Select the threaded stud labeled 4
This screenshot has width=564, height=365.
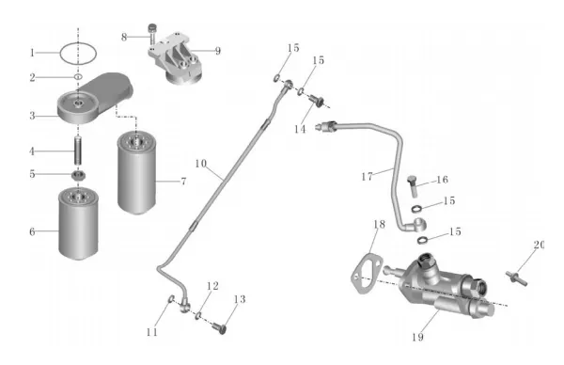(x=78, y=151)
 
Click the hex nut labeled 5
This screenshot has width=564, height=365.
(x=78, y=176)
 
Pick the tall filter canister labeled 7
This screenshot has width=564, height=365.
(x=136, y=173)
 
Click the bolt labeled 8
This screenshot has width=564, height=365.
(x=153, y=34)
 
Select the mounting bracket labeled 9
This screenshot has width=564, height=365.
(x=177, y=57)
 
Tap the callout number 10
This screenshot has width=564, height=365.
(x=201, y=164)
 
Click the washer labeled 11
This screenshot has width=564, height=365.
(x=172, y=298)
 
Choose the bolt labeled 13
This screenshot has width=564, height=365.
(x=219, y=328)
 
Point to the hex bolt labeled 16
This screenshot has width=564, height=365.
(x=413, y=185)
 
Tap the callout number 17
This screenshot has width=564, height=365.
(x=367, y=177)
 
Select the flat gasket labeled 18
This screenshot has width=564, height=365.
(x=367, y=274)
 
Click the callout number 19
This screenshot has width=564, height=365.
(x=417, y=337)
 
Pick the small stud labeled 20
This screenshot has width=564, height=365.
(x=516, y=278)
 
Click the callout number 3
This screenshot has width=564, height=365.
(x=32, y=116)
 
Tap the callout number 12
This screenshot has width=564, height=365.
(x=212, y=286)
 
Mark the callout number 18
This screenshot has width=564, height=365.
(x=379, y=224)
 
